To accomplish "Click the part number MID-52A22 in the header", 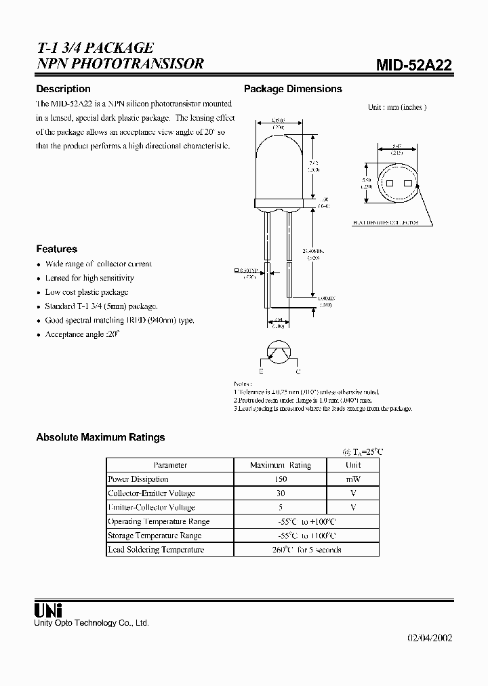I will (x=414, y=65).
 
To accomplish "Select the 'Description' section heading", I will (x=63, y=89).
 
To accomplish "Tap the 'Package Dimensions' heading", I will (x=293, y=89).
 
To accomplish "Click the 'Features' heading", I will (x=56, y=249).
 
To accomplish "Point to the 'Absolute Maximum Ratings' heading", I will (x=100, y=437).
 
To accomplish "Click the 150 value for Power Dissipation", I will (x=280, y=479).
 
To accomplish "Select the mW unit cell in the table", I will (x=353, y=479).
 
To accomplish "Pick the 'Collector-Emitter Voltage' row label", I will (x=151, y=493).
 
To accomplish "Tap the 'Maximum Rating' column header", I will (x=280, y=465).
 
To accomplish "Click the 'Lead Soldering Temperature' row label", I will (x=156, y=550).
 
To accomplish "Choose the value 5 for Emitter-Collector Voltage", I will (x=280, y=507).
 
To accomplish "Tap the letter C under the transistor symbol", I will (x=298, y=372).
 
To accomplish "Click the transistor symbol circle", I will (x=280, y=352).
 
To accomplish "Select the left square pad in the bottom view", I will (x=389, y=184).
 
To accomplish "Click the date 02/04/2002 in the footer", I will (x=429, y=638).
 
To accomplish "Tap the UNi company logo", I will (x=48, y=609).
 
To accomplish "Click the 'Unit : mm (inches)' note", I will (x=397, y=107).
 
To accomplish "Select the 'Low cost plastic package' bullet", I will (x=86, y=292).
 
